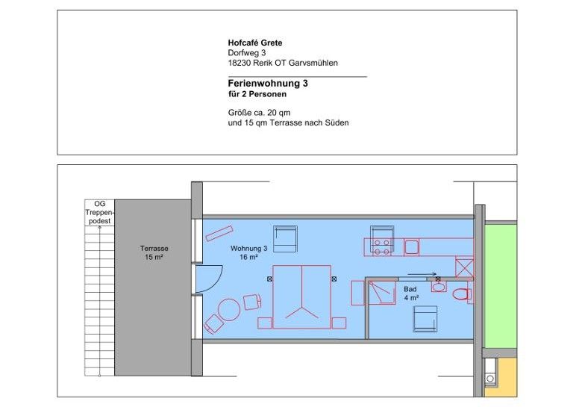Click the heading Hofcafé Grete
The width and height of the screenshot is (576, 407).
255,43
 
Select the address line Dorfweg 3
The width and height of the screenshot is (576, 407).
246,52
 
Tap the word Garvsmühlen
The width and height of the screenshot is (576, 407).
313,63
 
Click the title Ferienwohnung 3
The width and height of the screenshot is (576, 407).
268,83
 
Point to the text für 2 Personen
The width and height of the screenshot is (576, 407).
257,94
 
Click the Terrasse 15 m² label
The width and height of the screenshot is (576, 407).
154,252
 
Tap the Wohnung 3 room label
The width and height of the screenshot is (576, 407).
248,252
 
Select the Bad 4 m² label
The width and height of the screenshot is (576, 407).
410,293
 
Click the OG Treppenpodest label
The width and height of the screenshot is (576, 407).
99,213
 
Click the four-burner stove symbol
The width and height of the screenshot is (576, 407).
381,247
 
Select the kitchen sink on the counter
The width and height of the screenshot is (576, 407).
411,247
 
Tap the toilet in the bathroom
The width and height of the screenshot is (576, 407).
461,294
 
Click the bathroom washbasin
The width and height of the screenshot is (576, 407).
439,287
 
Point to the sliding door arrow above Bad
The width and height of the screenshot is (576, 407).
422,274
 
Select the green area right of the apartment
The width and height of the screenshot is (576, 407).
501,285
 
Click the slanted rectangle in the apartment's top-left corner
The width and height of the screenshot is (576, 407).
219,234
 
